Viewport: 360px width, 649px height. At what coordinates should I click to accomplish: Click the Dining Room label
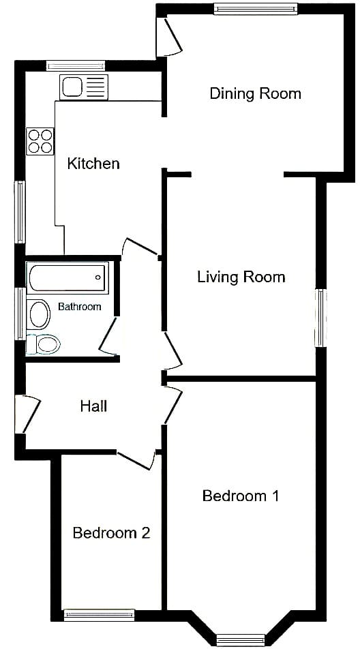255,93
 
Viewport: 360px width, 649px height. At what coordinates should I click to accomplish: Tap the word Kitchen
93,164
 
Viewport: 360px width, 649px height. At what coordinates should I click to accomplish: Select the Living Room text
241,277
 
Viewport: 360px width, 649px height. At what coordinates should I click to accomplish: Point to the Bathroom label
80,307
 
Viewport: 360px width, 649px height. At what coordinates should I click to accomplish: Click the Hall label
93,406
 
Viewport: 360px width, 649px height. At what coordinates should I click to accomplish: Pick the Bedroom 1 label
241,496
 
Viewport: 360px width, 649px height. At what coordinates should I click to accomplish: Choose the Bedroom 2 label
111,532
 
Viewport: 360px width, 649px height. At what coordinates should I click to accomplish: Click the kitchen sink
84,87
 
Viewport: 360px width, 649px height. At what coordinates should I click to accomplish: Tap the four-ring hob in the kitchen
40,141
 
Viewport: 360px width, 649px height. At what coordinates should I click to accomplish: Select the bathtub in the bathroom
67,277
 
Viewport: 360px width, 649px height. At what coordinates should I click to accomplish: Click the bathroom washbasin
40,314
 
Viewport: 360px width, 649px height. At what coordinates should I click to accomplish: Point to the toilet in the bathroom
43,344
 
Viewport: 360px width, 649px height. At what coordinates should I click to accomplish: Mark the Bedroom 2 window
100,615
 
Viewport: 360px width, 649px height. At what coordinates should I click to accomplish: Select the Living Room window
320,318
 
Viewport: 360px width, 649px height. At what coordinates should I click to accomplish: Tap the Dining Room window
256,9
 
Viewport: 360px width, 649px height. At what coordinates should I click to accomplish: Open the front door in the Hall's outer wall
27,414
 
